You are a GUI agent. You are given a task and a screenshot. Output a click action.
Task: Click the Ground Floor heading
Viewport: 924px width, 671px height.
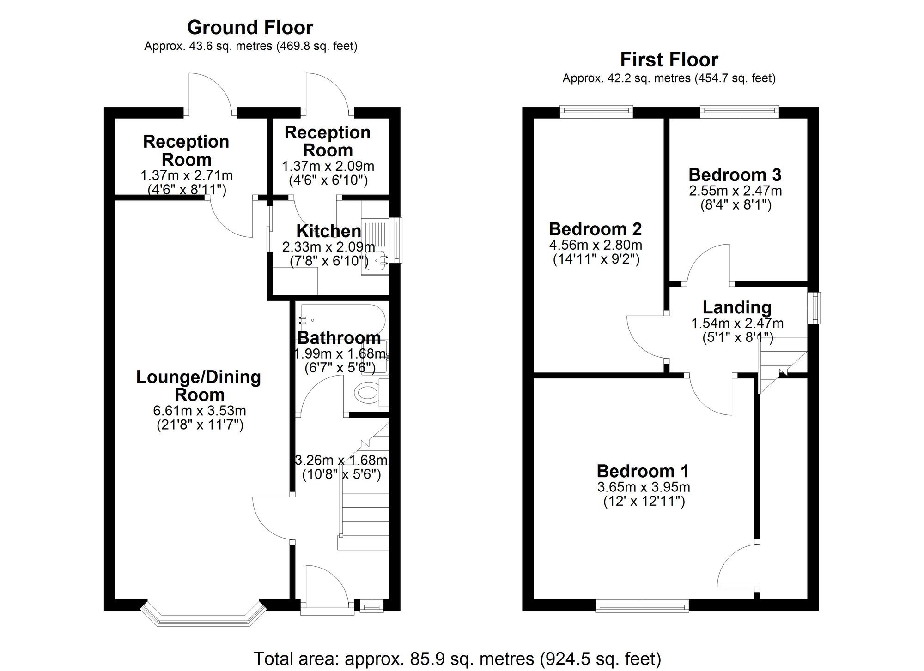pyautogui.click(x=250, y=28)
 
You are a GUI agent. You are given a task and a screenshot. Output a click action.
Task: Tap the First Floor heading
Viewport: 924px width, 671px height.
pyautogui.click(x=669, y=60)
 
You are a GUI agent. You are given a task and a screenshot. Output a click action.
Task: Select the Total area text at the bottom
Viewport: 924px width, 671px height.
pyautogui.click(x=457, y=659)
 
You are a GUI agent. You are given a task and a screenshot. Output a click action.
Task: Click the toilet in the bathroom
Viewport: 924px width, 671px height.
pyautogui.click(x=367, y=393)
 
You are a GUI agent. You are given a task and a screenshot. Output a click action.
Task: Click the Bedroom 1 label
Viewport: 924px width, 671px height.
pyautogui.click(x=643, y=471)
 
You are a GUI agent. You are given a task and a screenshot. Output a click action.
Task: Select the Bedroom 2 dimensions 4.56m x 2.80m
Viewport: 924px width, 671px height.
pyautogui.click(x=596, y=245)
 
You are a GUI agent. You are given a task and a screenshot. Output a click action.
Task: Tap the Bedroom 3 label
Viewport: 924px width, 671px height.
pyautogui.click(x=735, y=175)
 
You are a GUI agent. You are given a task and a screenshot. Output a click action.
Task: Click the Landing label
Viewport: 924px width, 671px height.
pyautogui.click(x=736, y=307)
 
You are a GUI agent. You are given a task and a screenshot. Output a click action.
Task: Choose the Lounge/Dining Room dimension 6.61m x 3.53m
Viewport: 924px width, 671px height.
pyautogui.click(x=199, y=411)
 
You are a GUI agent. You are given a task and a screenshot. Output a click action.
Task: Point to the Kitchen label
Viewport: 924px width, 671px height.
pyautogui.click(x=328, y=231)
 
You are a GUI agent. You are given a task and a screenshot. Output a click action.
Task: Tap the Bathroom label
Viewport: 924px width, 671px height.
pyautogui.click(x=339, y=338)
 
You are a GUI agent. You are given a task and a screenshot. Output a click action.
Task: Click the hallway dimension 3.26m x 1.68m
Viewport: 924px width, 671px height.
pyautogui.click(x=341, y=460)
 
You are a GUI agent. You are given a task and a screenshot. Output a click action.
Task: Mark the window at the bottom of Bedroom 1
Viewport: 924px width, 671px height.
pyautogui.click(x=642, y=605)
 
